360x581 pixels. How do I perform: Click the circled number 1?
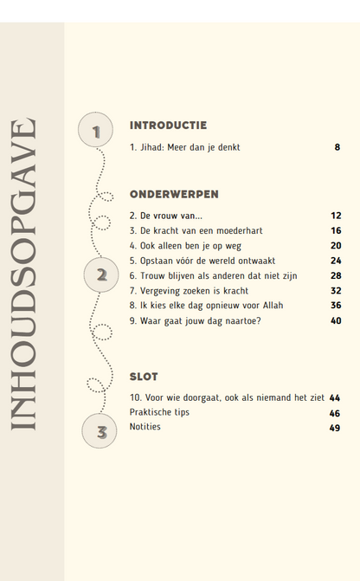coord(96,132)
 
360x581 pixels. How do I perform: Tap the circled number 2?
coord(101,275)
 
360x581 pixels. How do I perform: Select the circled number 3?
coord(100,431)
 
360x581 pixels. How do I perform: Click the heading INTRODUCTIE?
coord(168,125)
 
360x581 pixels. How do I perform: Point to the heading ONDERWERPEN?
coord(174,194)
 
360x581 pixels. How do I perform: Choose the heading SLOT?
coord(144,377)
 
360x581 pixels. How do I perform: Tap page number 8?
coord(337,147)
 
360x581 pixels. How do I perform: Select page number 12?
coord(336,216)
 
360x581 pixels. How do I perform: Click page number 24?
coord(336,261)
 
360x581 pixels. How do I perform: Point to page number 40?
coord(336,320)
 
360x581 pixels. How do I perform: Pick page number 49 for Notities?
coord(335,428)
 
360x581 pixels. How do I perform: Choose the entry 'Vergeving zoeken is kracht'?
coord(190,290)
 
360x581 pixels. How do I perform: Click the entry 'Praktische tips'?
coord(159,412)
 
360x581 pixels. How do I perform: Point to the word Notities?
coord(145,427)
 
